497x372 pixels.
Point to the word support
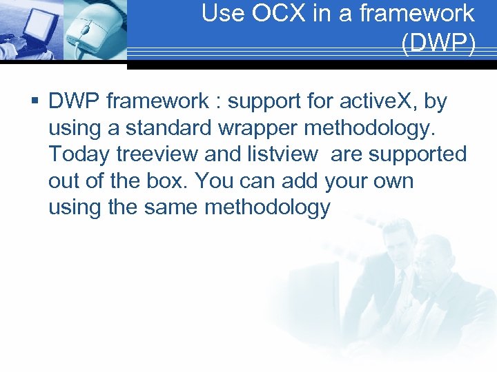coord(264,102)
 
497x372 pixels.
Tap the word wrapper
coord(253,128)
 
